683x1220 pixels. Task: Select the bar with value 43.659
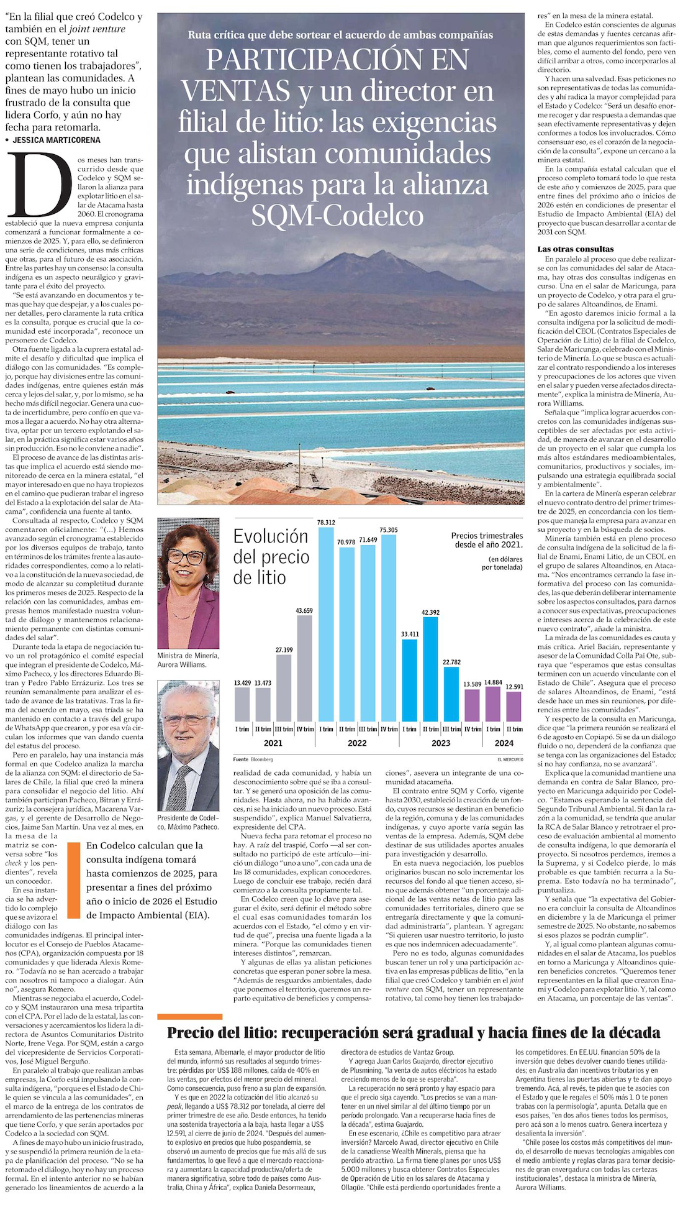pos(305,668)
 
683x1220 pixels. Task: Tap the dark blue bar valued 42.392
pos(430,669)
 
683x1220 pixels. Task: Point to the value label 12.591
pos(514,687)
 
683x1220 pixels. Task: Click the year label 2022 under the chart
pos(357,743)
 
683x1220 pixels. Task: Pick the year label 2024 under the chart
pos(504,743)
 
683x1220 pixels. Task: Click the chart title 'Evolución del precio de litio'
pos(271,556)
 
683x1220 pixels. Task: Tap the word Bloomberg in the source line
pos(261,759)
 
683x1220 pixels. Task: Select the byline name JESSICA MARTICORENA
pos(56,140)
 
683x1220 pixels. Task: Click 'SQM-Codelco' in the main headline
pos(337,216)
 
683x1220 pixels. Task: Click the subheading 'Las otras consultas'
pos(575,249)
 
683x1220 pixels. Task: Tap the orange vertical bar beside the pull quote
pos(74,880)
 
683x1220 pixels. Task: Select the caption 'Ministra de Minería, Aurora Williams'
pos(188,659)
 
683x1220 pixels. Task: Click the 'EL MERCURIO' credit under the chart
pos(510,759)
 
